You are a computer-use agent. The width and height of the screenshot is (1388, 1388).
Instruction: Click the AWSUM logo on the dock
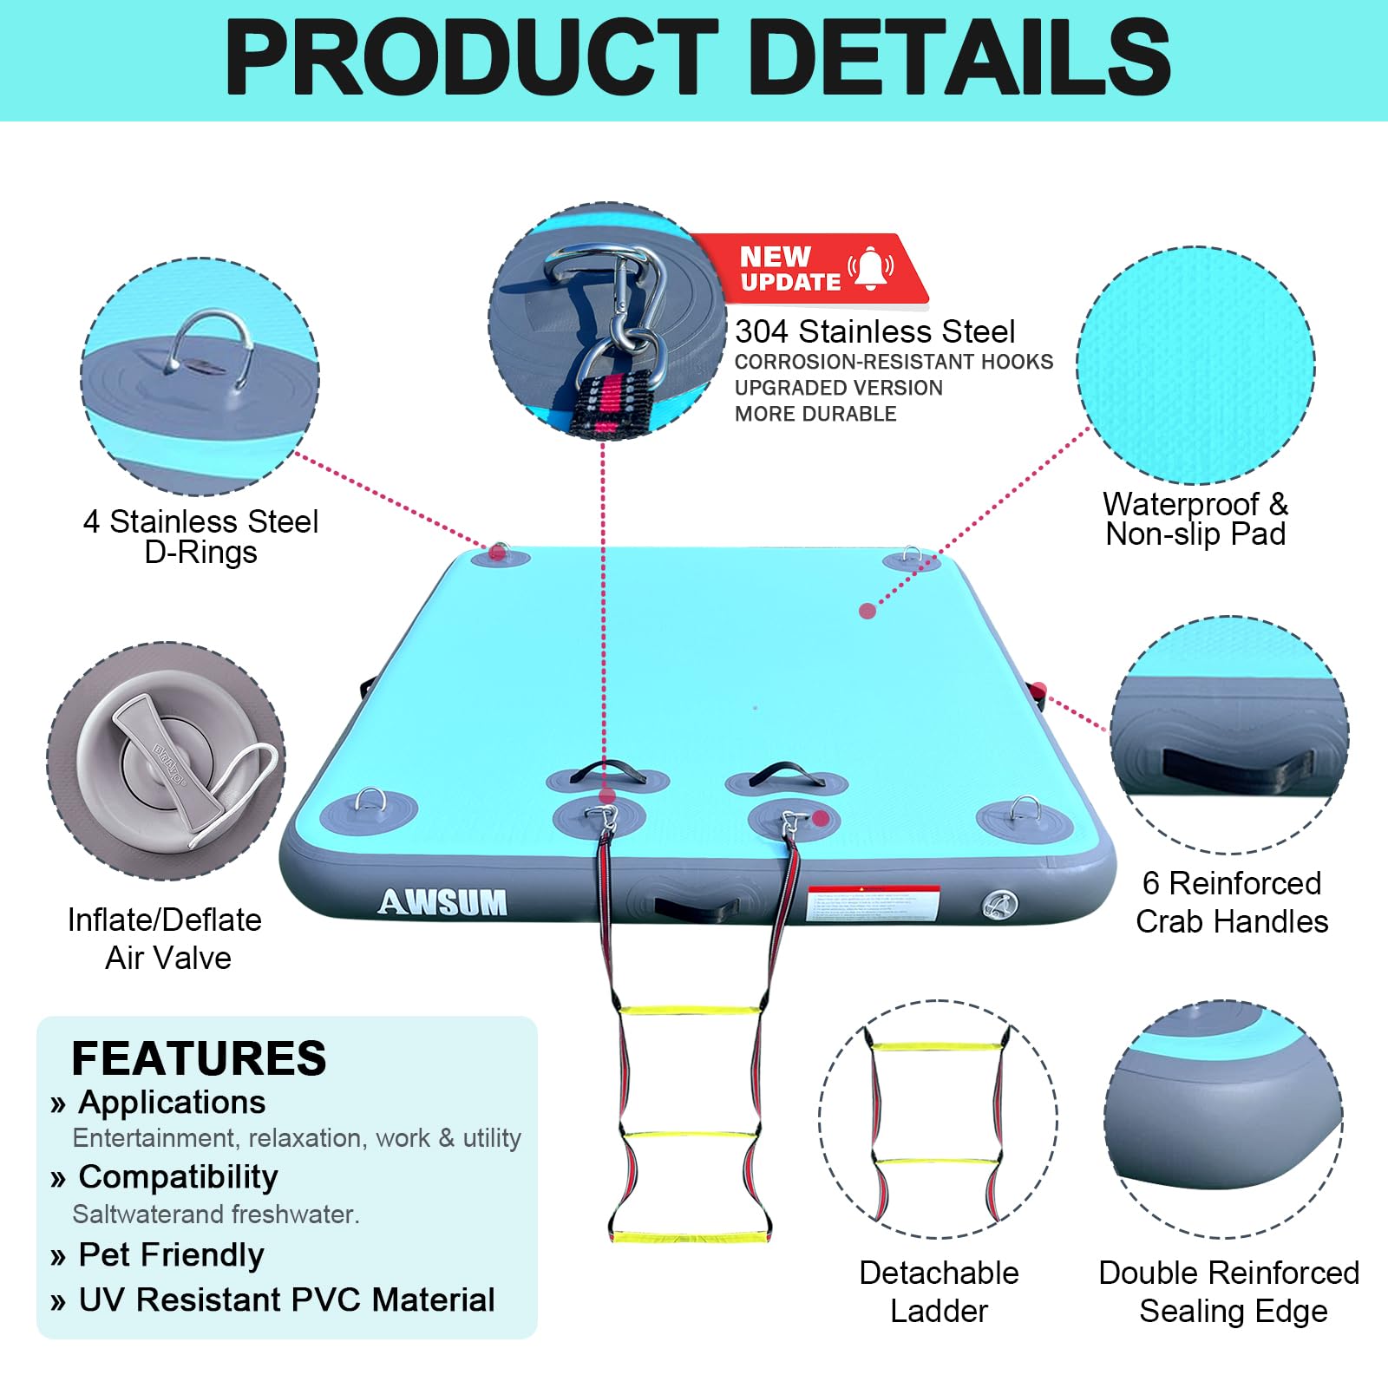(442, 903)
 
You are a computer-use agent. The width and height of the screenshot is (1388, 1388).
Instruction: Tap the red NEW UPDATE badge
(811, 269)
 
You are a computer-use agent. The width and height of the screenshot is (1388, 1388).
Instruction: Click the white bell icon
(871, 268)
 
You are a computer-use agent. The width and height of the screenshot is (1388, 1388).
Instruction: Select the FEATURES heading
(199, 1058)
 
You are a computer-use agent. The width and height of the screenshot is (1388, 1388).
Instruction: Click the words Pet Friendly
(171, 1254)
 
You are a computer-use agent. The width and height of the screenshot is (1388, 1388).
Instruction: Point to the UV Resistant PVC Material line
(286, 1300)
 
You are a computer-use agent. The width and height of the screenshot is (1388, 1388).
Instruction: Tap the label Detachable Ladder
(939, 1292)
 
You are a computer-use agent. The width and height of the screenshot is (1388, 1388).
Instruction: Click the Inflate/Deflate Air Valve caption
(165, 939)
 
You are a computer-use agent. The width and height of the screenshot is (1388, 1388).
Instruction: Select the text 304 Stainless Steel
(874, 331)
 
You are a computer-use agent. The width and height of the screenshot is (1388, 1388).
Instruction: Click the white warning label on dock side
(873, 903)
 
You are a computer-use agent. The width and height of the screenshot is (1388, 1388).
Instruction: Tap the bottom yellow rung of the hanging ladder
(691, 1236)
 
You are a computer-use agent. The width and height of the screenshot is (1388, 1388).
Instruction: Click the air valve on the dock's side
(999, 906)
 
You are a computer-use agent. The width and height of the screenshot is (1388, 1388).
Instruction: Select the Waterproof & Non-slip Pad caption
(1195, 519)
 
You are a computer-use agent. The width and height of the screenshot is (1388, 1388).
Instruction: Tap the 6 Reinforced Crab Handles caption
(1232, 902)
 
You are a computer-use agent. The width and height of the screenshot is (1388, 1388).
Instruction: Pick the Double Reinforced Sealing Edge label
(1228, 1292)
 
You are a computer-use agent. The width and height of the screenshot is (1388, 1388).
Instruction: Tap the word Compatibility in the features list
(178, 1177)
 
